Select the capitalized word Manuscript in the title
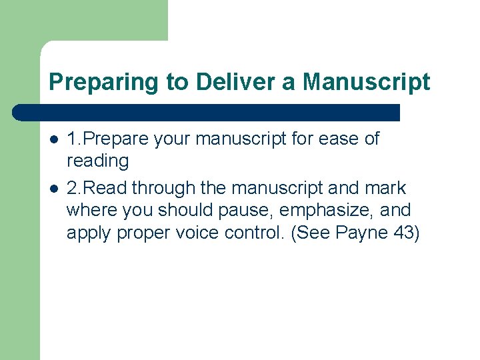click(366, 82)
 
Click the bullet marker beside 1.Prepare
click(53, 139)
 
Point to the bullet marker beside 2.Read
click(53, 189)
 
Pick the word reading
click(97, 161)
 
